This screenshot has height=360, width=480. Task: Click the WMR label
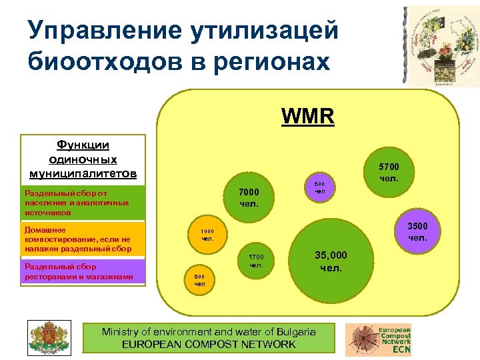point(307,116)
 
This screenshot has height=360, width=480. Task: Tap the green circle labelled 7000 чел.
point(249,197)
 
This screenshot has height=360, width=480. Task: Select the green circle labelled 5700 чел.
point(389,173)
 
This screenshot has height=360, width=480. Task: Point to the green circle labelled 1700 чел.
point(256,261)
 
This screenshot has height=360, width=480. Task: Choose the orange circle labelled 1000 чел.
point(207,234)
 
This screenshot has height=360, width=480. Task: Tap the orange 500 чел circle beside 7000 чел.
point(320,188)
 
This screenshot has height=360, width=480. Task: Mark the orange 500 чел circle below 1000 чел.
point(199,280)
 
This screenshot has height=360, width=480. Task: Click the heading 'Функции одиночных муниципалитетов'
point(83,159)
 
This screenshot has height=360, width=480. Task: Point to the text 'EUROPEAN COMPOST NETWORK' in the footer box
point(209,344)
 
